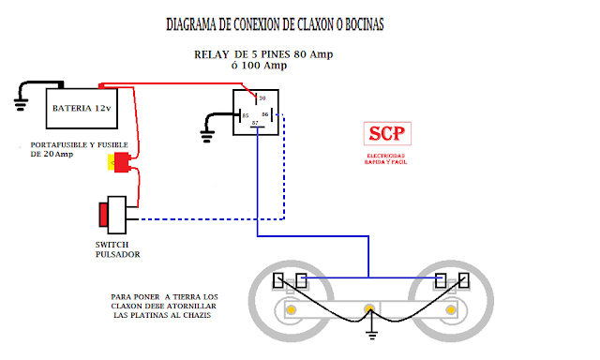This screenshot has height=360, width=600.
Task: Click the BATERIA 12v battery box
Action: pyautogui.click(x=82, y=109)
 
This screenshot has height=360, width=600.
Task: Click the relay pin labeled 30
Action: pyautogui.click(x=262, y=98)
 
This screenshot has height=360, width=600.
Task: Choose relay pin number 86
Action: pyautogui.click(x=266, y=114)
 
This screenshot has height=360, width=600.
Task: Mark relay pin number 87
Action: pyautogui.click(x=254, y=123)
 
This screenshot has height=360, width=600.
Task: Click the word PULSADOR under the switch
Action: pyautogui.click(x=116, y=254)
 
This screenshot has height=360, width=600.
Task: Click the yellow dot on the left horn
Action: pyautogui.click(x=292, y=310)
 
